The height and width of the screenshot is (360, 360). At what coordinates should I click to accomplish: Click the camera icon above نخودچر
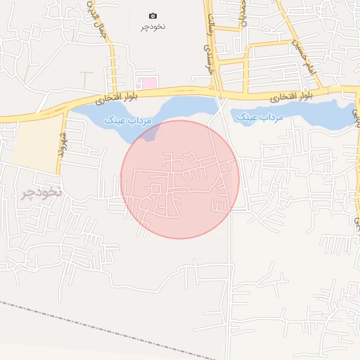point(153,15)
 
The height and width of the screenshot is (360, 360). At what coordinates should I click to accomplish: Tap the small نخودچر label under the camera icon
point(153,26)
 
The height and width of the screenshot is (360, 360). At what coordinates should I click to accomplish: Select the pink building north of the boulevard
point(146,83)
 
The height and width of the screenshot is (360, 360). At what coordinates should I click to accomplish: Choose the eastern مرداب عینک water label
point(259,117)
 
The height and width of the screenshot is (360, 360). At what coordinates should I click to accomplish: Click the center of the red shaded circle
point(180,179)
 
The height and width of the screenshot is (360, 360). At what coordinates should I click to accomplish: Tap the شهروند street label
point(63,141)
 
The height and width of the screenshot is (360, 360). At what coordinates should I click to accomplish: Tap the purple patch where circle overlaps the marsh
point(151,131)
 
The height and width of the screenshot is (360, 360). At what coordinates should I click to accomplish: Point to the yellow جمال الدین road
point(111,56)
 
